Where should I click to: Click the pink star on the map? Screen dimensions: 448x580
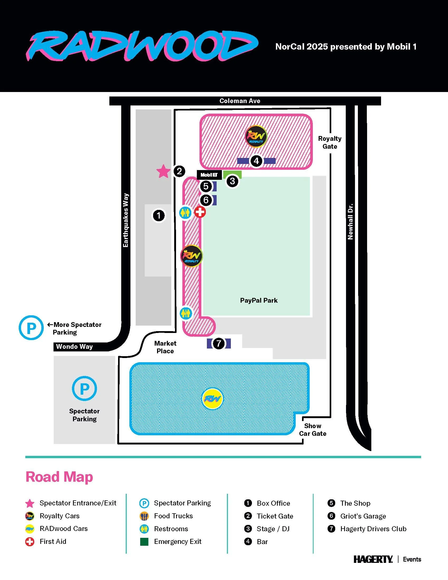pyautogui.click(x=163, y=171)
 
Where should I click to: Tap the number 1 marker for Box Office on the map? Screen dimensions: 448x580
pyautogui.click(x=159, y=215)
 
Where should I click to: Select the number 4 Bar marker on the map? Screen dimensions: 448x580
pyautogui.click(x=256, y=161)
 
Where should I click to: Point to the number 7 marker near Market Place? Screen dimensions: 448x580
pyautogui.click(x=218, y=343)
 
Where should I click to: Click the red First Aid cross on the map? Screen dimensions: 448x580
pyautogui.click(x=200, y=212)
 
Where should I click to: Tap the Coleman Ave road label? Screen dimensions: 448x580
pyautogui.click(x=240, y=101)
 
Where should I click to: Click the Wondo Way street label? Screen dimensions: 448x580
pyautogui.click(x=74, y=347)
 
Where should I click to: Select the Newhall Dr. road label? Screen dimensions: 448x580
pyautogui.click(x=350, y=222)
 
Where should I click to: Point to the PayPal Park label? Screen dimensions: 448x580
pyautogui.click(x=259, y=300)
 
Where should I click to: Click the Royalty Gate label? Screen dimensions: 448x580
pyautogui.click(x=330, y=142)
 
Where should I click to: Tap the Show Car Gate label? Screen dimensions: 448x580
pyautogui.click(x=313, y=429)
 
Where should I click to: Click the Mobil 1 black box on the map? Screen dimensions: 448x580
pyautogui.click(x=209, y=175)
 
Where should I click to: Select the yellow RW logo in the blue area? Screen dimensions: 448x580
pyautogui.click(x=213, y=399)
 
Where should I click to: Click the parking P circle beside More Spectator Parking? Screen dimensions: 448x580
pyautogui.click(x=31, y=327)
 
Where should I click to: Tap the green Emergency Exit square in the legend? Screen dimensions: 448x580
pyautogui.click(x=144, y=542)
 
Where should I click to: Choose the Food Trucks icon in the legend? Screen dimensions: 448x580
pyautogui.click(x=144, y=516)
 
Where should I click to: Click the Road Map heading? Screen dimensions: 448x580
pyautogui.click(x=59, y=477)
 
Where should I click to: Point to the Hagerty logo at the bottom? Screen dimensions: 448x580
pyautogui.click(x=373, y=559)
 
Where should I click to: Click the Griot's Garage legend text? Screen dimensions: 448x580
pyautogui.click(x=363, y=516)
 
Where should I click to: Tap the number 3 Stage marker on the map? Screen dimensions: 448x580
pyautogui.click(x=232, y=181)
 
